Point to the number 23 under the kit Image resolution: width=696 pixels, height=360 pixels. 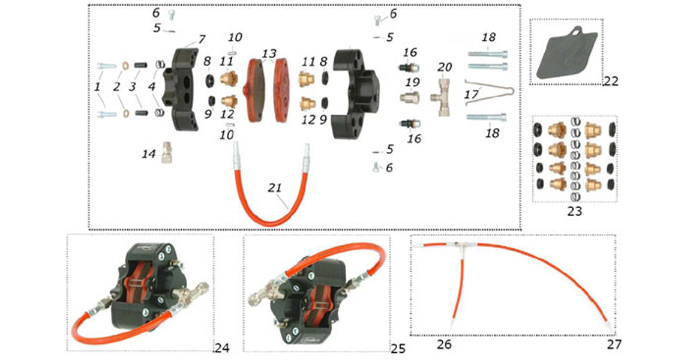point(574,211)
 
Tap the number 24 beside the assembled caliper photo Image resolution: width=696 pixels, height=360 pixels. point(222,348)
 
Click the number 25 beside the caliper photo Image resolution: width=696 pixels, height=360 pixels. point(398,349)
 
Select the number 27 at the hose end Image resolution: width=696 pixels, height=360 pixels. point(613,344)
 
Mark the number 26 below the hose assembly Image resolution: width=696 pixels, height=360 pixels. point(445,344)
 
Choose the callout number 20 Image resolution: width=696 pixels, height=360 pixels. point(445,67)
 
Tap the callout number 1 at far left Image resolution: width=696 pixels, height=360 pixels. point(97,87)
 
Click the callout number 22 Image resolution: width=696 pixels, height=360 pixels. point(611,81)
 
